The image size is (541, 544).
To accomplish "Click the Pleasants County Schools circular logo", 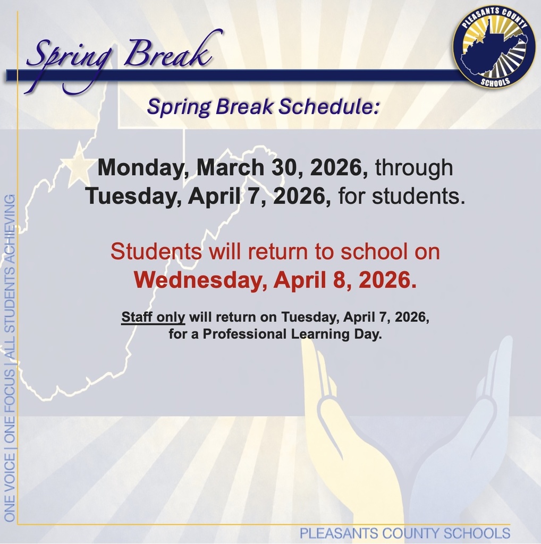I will [494, 47].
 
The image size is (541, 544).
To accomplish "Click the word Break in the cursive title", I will [167, 53].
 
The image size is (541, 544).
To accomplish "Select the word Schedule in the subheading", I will [329, 107].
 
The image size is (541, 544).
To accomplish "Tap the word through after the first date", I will [414, 168].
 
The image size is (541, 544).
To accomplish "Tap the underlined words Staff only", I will [153, 318].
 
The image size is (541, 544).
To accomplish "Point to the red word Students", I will [156, 251].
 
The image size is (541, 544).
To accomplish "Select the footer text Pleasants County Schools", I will [404, 533].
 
